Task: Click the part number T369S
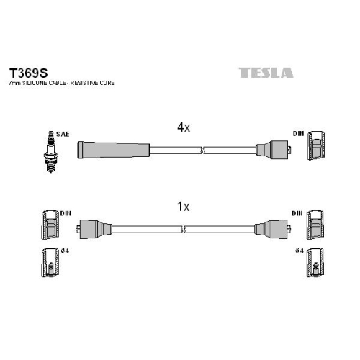coord(28,73)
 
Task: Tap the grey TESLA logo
coord(266,73)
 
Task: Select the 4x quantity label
coord(184,127)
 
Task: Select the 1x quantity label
coord(183,207)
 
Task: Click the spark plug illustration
coord(50,152)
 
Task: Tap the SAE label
coord(63,134)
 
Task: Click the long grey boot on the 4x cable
coord(113,150)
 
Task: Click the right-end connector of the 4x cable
coord(274,150)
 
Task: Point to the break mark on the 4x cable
coord(202,150)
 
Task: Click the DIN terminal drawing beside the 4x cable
coord(316,145)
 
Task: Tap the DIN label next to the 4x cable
coord(298,134)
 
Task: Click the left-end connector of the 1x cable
coord(94,228)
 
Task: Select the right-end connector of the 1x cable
coord(273,229)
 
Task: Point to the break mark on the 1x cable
coord(184,229)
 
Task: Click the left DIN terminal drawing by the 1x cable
coord(50,225)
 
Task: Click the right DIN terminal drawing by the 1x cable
coord(315,225)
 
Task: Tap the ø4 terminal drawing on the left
coord(50,263)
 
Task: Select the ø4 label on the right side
coord(300,251)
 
